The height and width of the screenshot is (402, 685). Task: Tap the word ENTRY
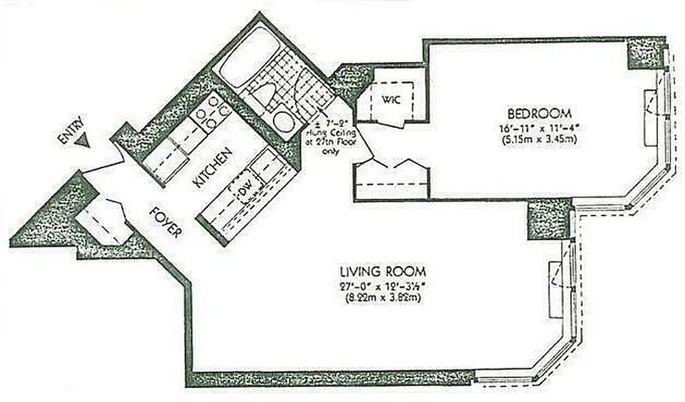click(x=69, y=130)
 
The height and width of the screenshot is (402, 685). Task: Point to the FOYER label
click(x=166, y=222)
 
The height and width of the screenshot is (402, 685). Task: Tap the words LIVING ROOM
click(x=383, y=272)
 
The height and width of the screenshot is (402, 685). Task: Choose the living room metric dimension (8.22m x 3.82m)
click(x=383, y=298)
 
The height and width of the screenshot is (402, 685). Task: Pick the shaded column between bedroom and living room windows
click(x=548, y=219)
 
